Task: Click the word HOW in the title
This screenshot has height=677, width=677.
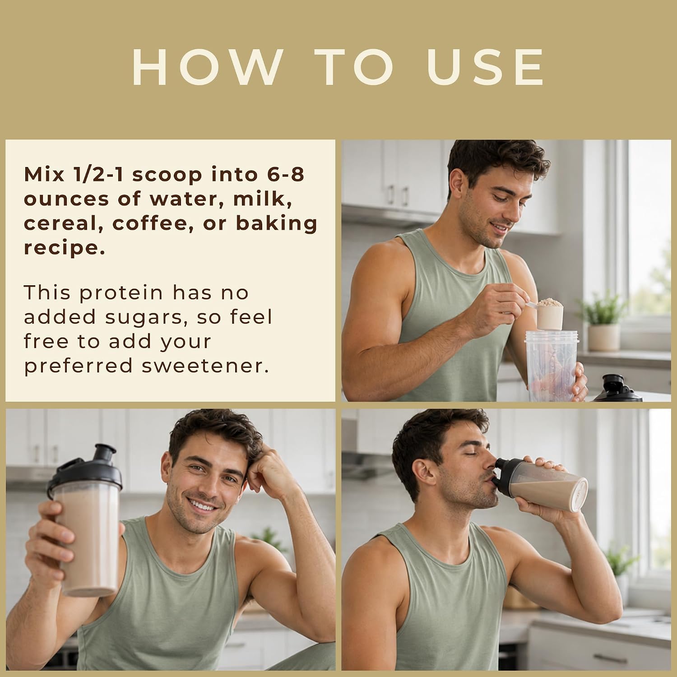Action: tap(208, 67)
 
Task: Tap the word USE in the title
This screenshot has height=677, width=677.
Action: tap(486, 67)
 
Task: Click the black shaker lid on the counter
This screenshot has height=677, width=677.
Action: tap(617, 388)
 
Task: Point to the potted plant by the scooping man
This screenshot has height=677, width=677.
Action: tap(603, 322)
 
